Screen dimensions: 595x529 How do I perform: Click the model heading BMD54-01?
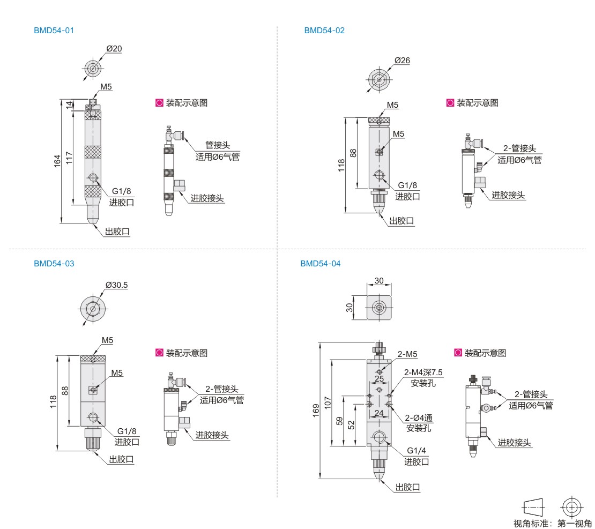[54, 31]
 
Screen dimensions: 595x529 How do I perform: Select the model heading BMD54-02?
[324, 31]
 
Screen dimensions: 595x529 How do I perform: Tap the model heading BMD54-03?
[54, 263]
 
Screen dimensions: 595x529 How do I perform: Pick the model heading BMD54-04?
[320, 263]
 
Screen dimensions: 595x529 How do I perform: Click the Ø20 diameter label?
[114, 49]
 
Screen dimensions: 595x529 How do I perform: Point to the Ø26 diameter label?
[402, 61]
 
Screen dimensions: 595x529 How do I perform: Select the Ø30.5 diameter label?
[116, 285]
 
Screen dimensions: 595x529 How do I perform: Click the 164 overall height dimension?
[57, 161]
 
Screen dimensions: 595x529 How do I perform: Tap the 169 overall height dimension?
[316, 411]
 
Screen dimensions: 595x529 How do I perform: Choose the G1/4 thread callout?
[416, 450]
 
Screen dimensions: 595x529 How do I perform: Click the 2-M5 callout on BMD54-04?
[407, 354]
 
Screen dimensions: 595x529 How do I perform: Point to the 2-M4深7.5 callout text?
[423, 372]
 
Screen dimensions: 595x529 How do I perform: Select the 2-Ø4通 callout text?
[419, 418]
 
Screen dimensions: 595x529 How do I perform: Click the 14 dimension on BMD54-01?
[69, 105]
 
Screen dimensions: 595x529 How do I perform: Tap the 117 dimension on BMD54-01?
[69, 158]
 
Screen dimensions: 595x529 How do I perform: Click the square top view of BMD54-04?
[379, 308]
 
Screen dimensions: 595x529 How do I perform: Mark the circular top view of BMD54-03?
[93, 309]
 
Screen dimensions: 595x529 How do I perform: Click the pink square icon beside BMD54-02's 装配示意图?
[450, 103]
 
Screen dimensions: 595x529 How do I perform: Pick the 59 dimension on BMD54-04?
[340, 421]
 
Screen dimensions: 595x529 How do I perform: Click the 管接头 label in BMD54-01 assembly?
[218, 145]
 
